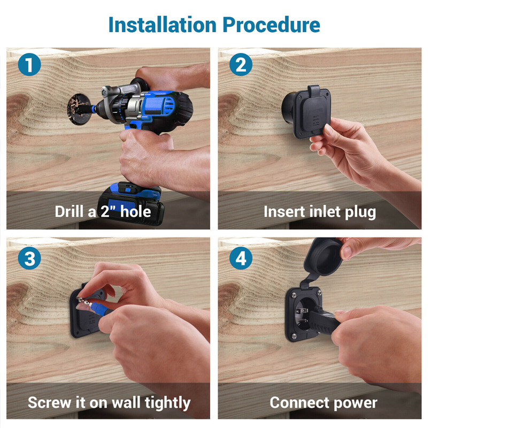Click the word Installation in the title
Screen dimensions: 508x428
(x=163, y=25)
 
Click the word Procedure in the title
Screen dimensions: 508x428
(x=271, y=25)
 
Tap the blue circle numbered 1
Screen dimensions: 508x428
(x=29, y=65)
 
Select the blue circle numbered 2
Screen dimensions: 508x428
(x=241, y=65)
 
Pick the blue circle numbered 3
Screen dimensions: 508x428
(x=29, y=258)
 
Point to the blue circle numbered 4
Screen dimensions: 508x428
(x=241, y=258)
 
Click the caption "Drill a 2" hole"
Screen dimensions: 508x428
(x=103, y=212)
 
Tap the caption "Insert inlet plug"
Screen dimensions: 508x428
(x=320, y=212)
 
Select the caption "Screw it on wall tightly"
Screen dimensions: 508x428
(x=109, y=403)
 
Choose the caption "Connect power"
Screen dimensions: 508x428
(x=324, y=403)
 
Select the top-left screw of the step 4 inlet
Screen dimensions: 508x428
(x=294, y=295)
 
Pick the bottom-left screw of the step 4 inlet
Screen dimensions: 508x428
(x=294, y=335)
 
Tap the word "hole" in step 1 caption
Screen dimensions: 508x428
(x=135, y=211)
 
